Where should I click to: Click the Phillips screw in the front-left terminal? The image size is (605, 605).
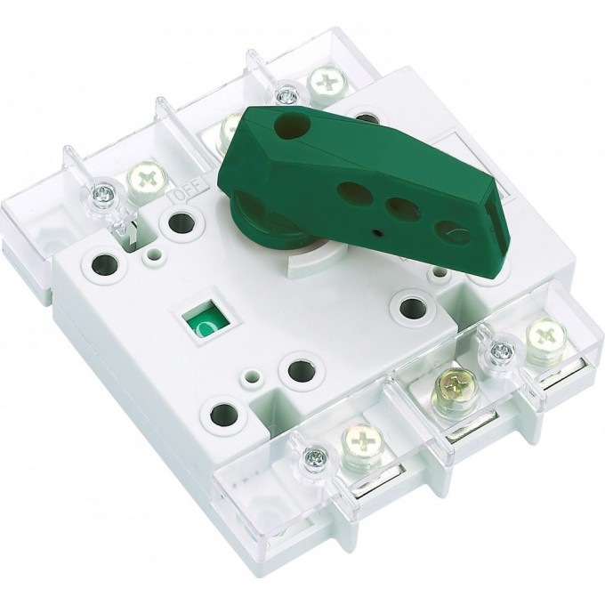[x=359, y=440]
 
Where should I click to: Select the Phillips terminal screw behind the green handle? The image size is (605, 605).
[x=323, y=85]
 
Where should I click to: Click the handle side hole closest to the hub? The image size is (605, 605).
[x=351, y=192]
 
